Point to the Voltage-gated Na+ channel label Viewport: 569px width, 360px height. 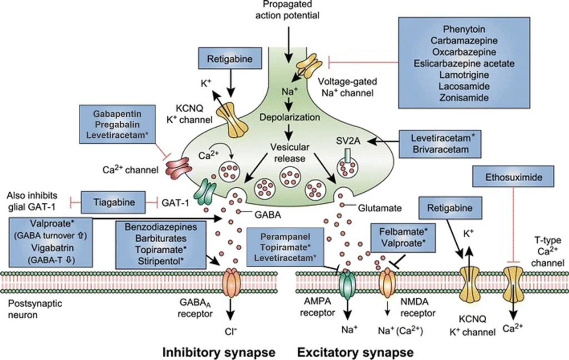click(x=346, y=86)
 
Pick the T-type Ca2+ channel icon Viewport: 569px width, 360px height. click(x=512, y=281)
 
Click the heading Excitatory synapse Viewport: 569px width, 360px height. click(x=356, y=352)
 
